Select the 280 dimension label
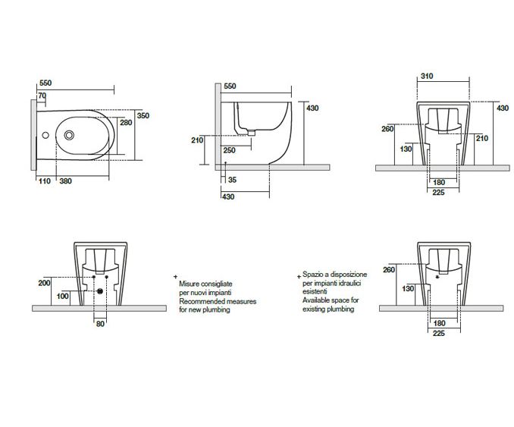(126, 122)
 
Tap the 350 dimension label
(143, 115)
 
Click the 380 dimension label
(66, 181)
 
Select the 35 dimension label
(232, 180)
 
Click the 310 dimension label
(428, 77)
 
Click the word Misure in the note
(190, 283)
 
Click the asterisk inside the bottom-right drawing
(438, 300)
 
